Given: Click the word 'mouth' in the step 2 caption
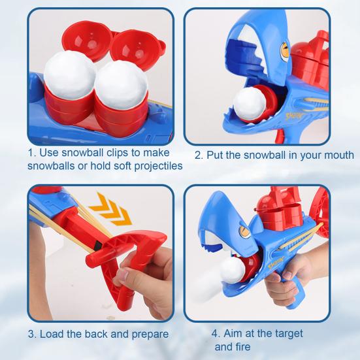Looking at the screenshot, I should point(338,155).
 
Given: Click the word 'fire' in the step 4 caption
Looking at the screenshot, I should point(242,347).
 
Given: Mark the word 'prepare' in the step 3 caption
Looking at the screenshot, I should point(148,335).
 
